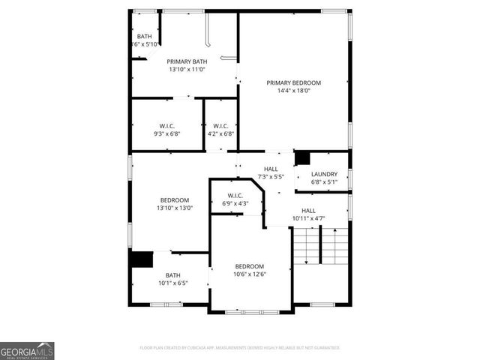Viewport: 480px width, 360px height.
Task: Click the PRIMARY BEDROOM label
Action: tap(294, 82)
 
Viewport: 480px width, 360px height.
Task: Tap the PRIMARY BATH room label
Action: tap(187, 61)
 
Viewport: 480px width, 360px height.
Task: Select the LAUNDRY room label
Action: tap(324, 174)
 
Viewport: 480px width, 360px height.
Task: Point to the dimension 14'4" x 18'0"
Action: tap(294, 91)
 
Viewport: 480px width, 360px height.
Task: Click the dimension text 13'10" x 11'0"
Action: tap(187, 70)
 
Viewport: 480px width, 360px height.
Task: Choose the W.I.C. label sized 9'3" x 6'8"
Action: tap(167, 125)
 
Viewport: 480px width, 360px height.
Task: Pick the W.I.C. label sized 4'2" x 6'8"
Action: tap(220, 125)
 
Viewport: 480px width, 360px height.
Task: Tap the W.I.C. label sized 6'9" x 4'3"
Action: tap(235, 196)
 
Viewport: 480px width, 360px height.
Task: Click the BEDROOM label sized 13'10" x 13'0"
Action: tap(173, 199)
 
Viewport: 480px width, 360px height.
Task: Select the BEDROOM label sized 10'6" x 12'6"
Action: tap(250, 266)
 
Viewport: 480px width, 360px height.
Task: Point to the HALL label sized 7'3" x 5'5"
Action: tap(271, 169)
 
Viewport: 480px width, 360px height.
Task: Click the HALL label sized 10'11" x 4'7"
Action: tap(308, 211)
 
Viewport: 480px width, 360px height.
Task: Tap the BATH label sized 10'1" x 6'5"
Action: tap(173, 275)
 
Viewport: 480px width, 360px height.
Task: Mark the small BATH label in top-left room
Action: tap(144, 37)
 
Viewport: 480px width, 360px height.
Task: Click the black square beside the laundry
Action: tap(302, 158)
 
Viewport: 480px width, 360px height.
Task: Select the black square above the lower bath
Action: tap(141, 259)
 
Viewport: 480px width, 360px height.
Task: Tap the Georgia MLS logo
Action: tap(27, 350)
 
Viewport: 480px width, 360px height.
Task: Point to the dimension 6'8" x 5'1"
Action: tap(324, 182)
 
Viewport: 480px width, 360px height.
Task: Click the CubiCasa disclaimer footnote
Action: tap(240, 348)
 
